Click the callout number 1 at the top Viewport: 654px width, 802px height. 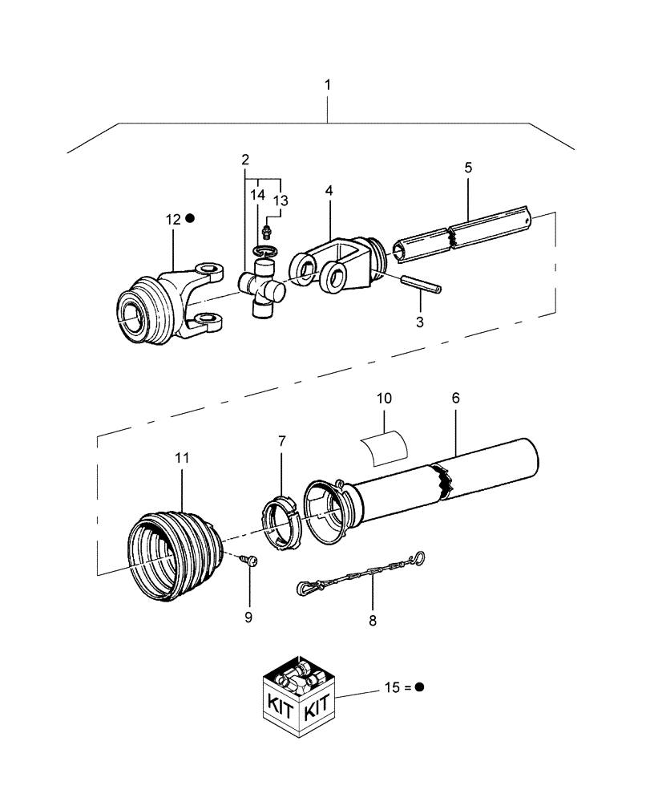tap(327, 84)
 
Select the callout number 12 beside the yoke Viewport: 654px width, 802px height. tap(173, 218)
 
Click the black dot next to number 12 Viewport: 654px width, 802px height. tap(190, 218)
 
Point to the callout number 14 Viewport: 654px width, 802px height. tap(256, 195)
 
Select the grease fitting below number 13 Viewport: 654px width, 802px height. tap(267, 234)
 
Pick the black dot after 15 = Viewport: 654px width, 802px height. tap(419, 687)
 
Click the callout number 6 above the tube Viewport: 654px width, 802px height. tap(455, 398)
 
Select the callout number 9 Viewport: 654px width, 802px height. tap(248, 618)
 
